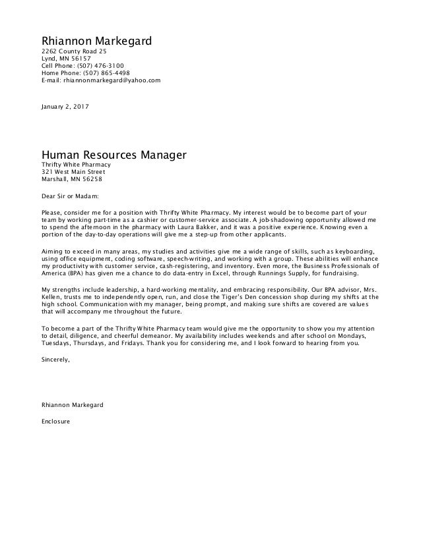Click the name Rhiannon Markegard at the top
[x=96, y=41]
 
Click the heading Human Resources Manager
[x=114, y=155]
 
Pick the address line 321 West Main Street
[x=73, y=172]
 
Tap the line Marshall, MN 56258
[x=71, y=179]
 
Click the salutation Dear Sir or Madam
[x=71, y=196]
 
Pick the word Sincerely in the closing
[x=55, y=360]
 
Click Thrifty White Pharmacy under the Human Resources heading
[x=75, y=165]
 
